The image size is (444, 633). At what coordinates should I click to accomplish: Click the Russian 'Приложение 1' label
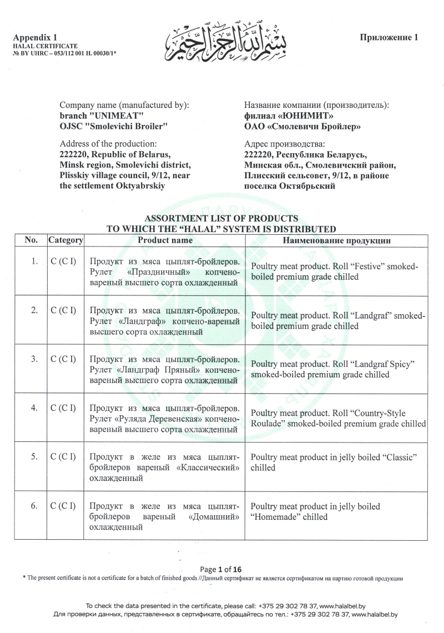click(388, 37)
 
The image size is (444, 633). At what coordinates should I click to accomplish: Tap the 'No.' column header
click(31, 240)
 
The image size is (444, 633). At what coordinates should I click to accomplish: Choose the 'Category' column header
click(65, 240)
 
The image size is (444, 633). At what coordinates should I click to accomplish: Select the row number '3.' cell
click(34, 359)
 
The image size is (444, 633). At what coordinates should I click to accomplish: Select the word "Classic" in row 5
click(398, 456)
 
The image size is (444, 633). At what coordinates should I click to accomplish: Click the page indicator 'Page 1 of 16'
click(221, 569)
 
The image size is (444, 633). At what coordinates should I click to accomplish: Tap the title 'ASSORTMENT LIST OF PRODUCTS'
click(221, 218)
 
